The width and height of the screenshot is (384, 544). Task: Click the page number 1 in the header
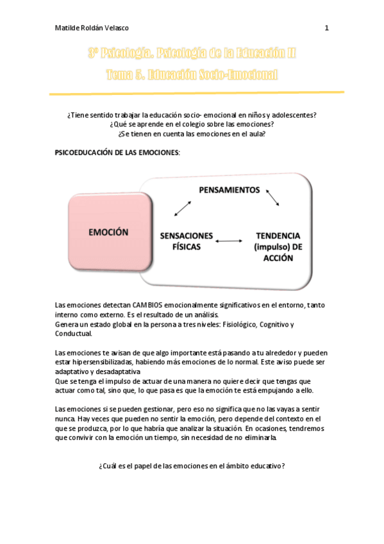pos(327,28)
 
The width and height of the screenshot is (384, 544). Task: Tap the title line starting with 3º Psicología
pos(192,54)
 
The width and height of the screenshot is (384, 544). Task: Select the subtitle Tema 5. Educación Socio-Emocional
pos(192,74)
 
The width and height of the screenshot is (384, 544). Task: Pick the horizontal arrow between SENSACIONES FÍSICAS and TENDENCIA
pos(228,241)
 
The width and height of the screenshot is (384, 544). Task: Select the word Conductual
pos(74,334)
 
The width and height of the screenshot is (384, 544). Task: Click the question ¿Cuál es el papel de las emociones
pos(192,466)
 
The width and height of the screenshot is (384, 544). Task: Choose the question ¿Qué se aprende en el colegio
pos(192,124)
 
